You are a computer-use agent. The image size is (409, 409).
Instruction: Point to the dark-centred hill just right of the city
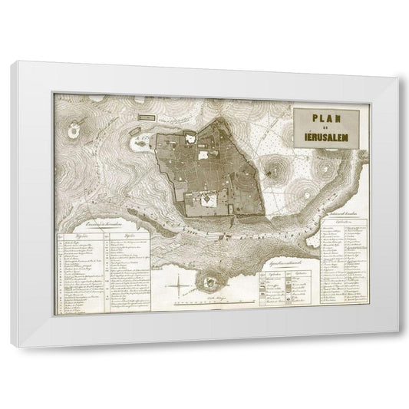pyautogui.click(x=275, y=165)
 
